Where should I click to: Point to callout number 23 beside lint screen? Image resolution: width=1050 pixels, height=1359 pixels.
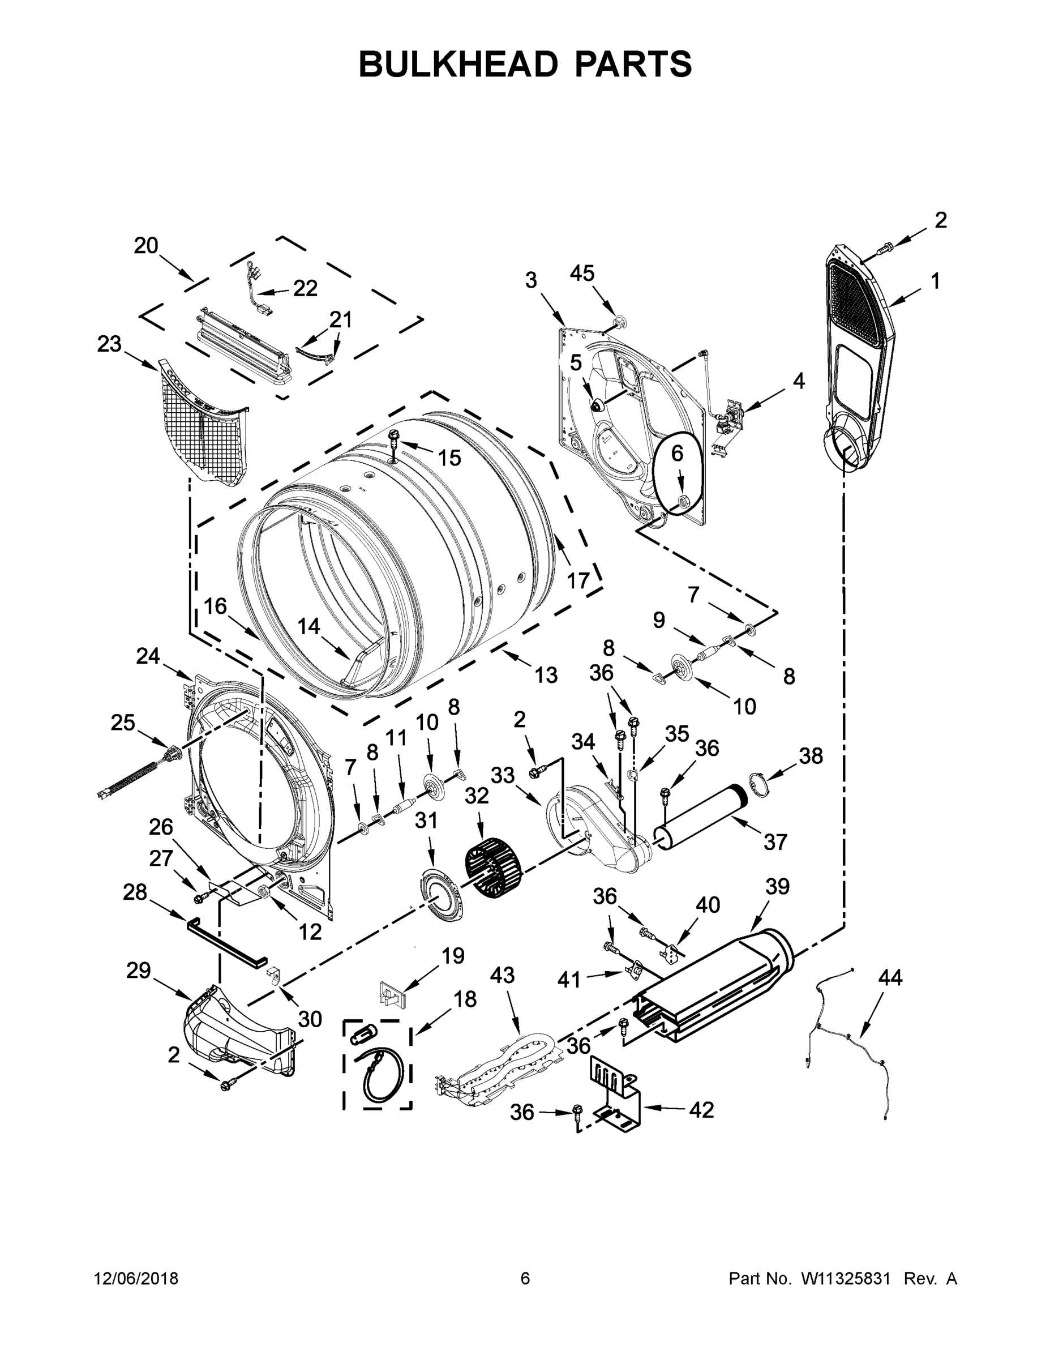pyautogui.click(x=109, y=344)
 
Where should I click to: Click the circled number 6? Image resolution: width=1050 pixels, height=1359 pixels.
pyautogui.click(x=677, y=454)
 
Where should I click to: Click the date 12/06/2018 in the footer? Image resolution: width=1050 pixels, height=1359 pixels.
pyautogui.click(x=136, y=1279)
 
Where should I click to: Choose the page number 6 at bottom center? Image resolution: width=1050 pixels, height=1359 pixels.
pyautogui.click(x=525, y=1279)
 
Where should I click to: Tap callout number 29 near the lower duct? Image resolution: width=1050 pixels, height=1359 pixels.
pyautogui.click(x=138, y=970)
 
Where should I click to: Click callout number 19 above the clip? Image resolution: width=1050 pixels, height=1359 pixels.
pyautogui.click(x=453, y=955)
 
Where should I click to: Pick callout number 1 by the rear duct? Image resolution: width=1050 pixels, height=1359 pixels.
pyautogui.click(x=935, y=281)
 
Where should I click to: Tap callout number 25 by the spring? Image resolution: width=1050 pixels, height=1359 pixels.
pyautogui.click(x=122, y=723)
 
